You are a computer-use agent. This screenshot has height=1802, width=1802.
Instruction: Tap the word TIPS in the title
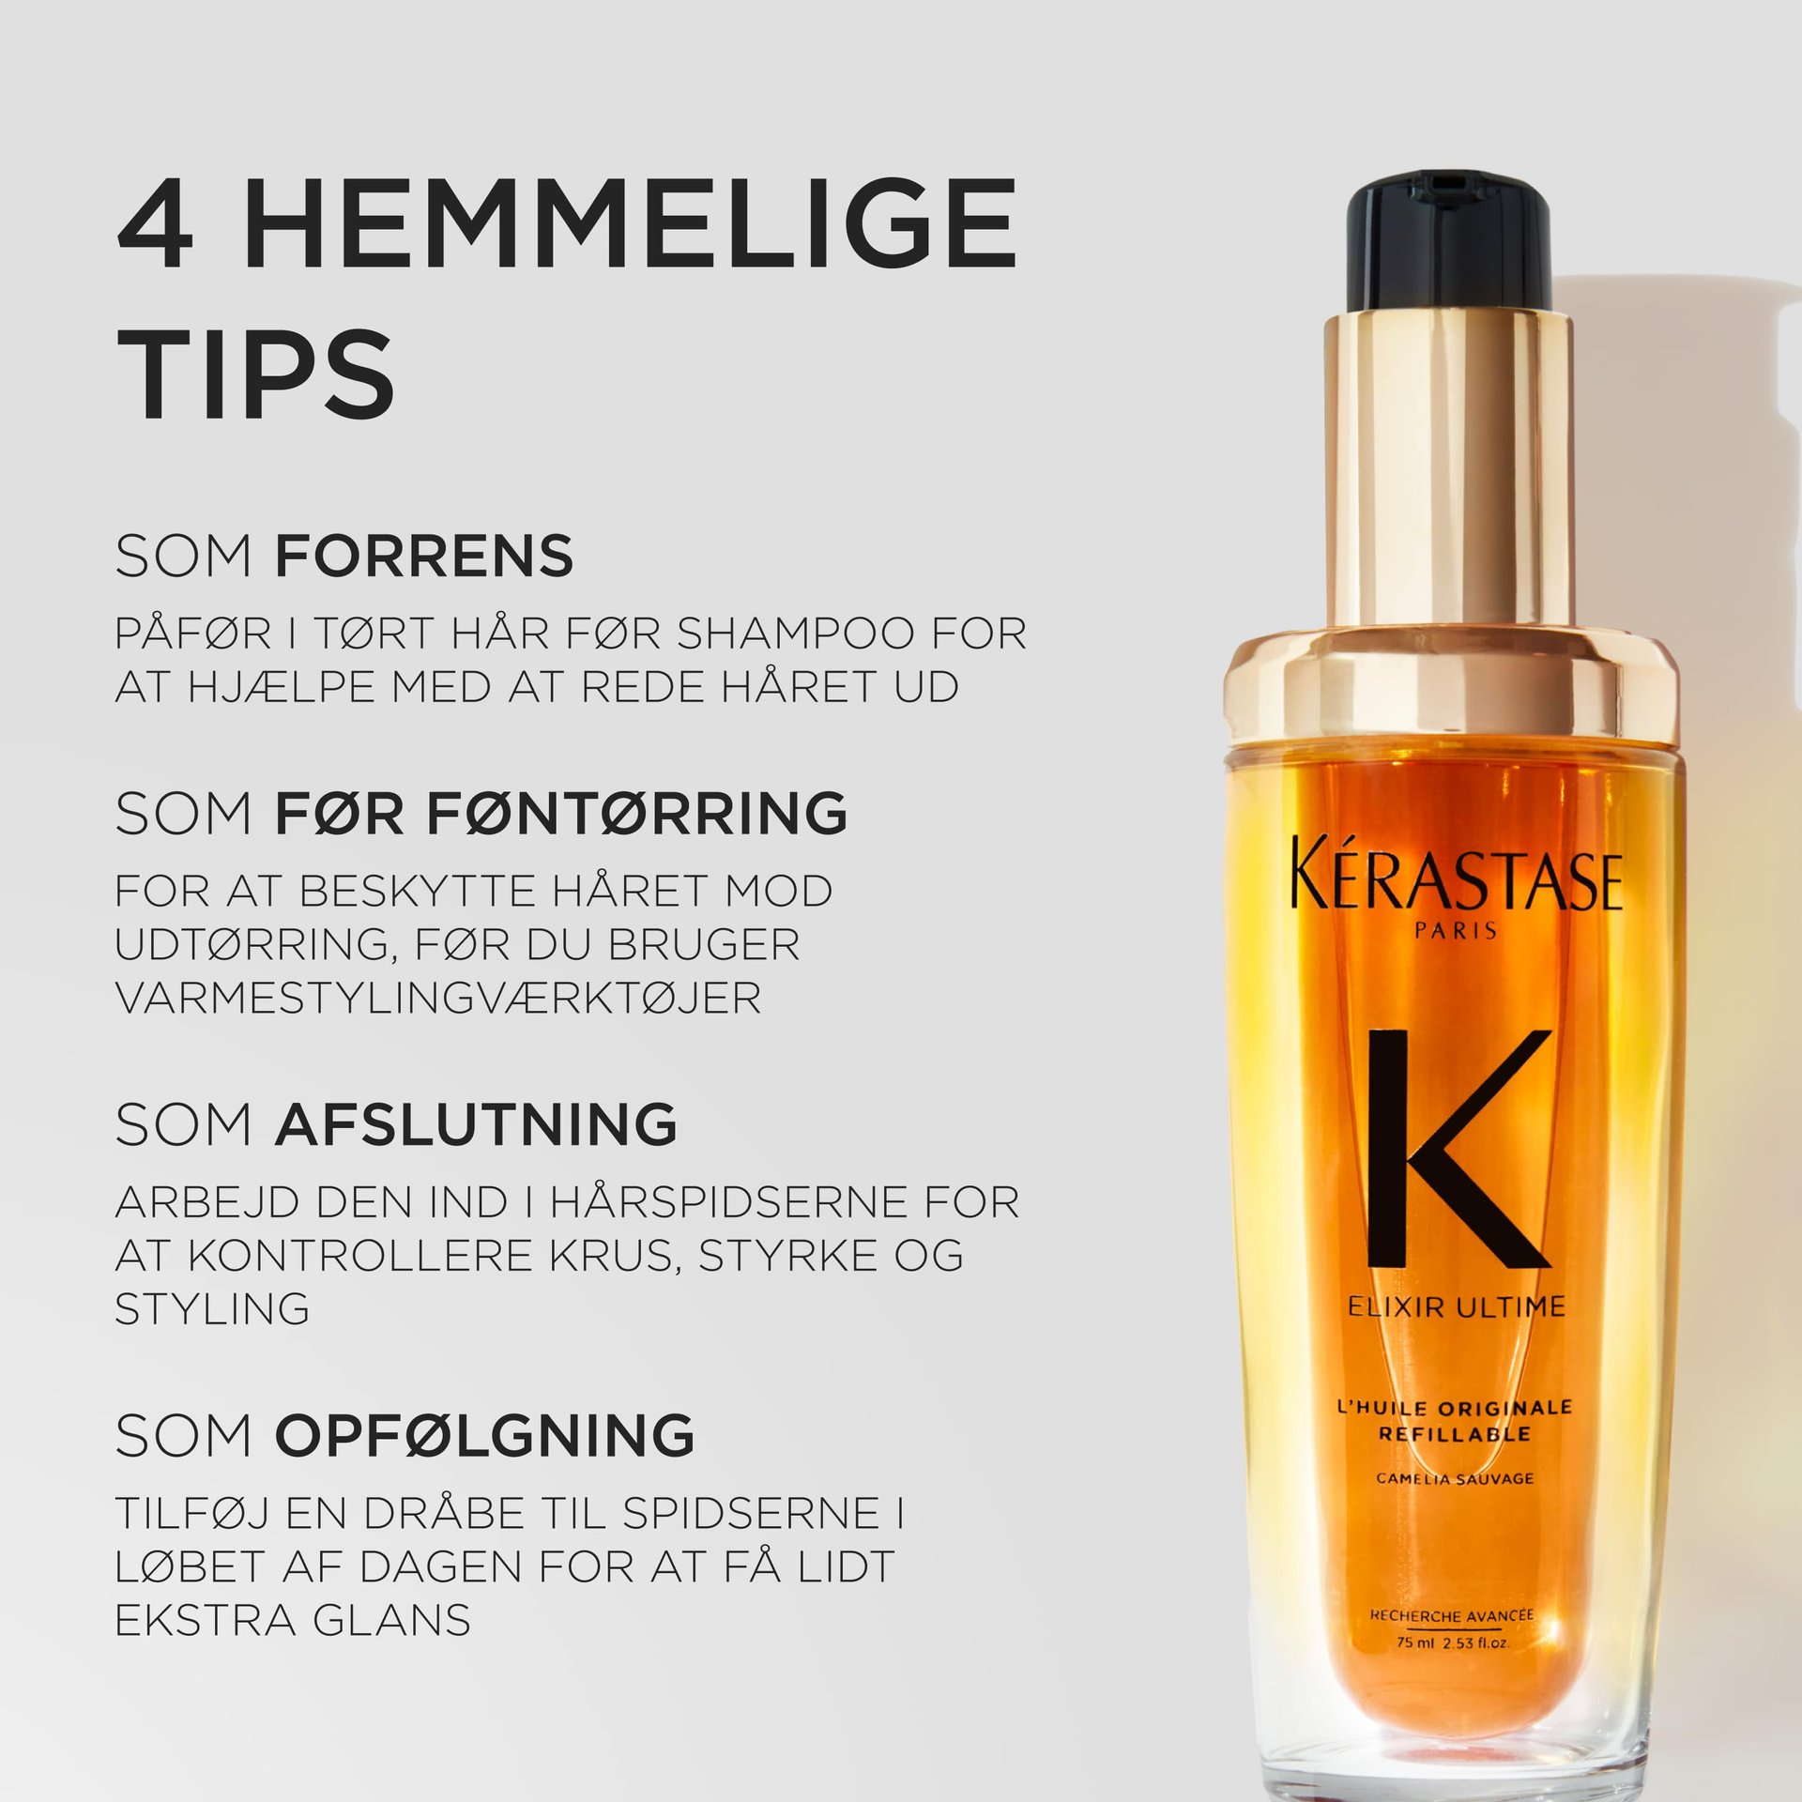tap(255, 374)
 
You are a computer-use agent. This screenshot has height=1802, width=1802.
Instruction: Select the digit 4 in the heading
tap(156, 223)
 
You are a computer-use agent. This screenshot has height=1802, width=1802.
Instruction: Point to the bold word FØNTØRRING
tap(638, 813)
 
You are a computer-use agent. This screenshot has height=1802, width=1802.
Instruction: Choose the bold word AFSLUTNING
tap(476, 1123)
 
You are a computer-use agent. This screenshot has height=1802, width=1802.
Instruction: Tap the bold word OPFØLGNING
tap(484, 1435)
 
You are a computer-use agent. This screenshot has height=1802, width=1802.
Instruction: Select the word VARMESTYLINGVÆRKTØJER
tap(437, 998)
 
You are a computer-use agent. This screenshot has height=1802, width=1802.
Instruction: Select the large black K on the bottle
tap(1457, 1150)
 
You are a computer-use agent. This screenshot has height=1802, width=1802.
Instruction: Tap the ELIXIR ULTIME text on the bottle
tap(1457, 1306)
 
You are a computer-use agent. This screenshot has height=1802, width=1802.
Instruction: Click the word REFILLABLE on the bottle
tap(1455, 1434)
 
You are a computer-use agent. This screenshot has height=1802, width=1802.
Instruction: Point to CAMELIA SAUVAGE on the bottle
tap(1455, 1478)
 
